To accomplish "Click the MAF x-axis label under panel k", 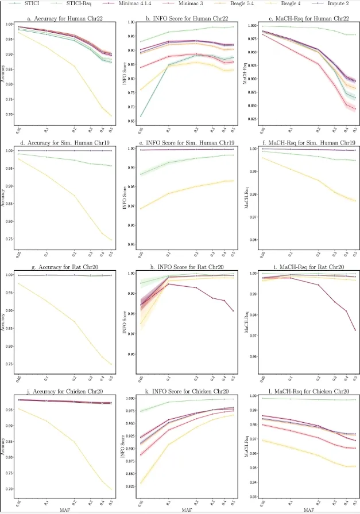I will tap(187, 509).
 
